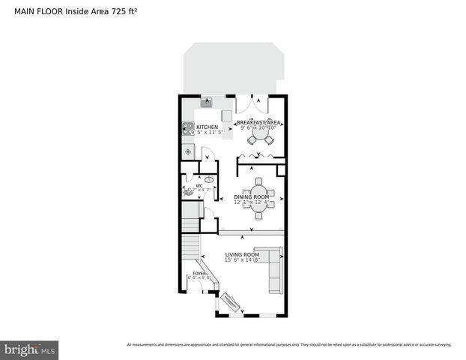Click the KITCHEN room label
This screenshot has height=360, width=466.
[207, 127]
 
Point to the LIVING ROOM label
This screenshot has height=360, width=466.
[242, 255]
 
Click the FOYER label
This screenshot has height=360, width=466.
[199, 274]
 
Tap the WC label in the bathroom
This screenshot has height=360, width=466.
[199, 185]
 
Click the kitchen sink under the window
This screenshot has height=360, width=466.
[206, 103]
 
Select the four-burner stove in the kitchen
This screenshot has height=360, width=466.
[188, 128]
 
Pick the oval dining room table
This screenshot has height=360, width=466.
[258, 198]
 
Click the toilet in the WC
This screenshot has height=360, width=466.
[188, 191]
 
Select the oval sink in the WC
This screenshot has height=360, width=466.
[209, 180]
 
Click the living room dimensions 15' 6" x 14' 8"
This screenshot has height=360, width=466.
[242, 261]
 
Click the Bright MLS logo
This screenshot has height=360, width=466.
[30, 349]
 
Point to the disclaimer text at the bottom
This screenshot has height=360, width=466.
[288, 345]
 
